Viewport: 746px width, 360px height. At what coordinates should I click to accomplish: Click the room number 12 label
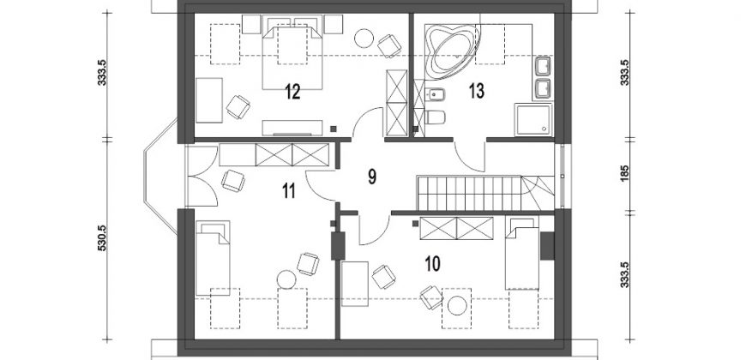point(292,92)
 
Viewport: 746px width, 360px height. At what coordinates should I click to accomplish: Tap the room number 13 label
point(476,90)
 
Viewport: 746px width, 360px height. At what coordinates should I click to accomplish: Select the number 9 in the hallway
point(372,176)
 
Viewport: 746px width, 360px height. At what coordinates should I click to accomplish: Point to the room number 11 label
point(289,190)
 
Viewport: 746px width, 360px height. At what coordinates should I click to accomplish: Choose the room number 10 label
point(432,263)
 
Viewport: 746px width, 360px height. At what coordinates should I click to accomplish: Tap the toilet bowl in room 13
point(435,117)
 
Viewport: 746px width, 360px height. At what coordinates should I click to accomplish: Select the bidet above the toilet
point(434,95)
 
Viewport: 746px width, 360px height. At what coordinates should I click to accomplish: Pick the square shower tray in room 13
point(533,119)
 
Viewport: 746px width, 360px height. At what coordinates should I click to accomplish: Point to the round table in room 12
point(364,39)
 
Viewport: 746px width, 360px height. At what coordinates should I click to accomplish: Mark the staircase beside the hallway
point(485,193)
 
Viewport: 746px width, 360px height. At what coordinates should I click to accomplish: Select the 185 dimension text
point(625,172)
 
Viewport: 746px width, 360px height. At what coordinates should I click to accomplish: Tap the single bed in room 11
point(213,258)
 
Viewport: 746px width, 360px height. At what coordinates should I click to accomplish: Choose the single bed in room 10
point(522,254)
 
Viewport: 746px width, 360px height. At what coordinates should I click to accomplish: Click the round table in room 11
point(287,279)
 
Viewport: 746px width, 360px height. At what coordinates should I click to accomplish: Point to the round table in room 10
point(457,305)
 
